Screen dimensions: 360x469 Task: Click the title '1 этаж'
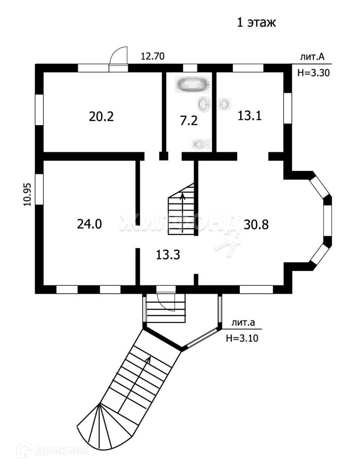[256, 22]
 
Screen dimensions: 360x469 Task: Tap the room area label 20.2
[101, 116]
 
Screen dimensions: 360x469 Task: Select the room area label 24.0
[89, 224]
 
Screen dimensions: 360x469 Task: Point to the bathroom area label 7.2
[189, 120]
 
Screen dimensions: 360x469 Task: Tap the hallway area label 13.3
[168, 255]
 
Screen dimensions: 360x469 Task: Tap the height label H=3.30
[314, 73]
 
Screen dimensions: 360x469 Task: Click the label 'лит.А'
[313, 57]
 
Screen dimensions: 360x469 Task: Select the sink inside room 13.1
[225, 104]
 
